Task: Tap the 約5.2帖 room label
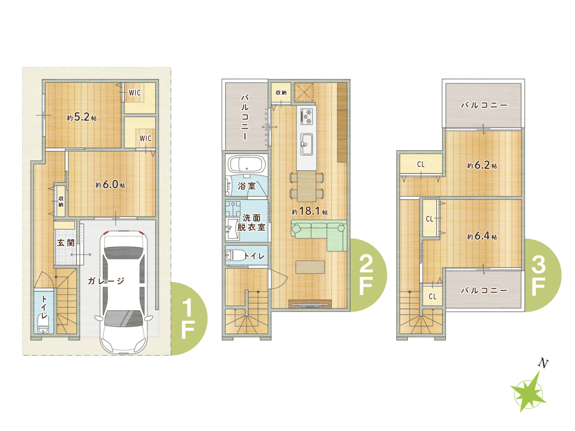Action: tap(82, 117)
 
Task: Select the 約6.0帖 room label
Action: tap(110, 185)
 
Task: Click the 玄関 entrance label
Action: tap(66, 243)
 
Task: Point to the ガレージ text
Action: tap(106, 281)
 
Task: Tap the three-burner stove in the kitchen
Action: tap(307, 117)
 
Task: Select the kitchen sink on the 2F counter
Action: tap(307, 144)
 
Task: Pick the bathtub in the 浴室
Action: tap(246, 164)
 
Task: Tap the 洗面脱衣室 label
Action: tap(251, 223)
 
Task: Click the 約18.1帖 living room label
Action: tap(310, 211)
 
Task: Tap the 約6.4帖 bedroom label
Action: tap(482, 236)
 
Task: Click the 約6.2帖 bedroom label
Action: tap(482, 165)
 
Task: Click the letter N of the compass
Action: tap(543, 363)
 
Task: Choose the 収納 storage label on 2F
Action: tap(281, 93)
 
